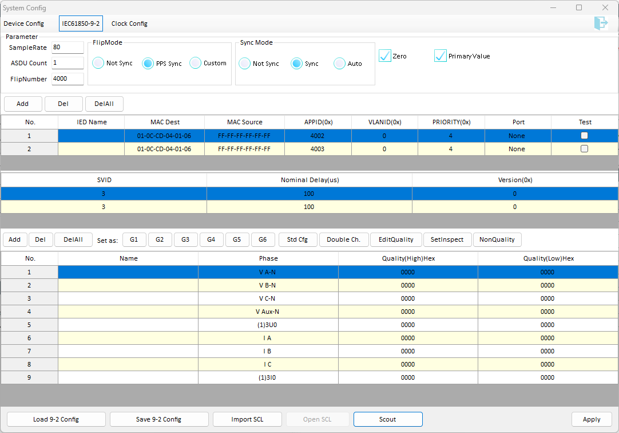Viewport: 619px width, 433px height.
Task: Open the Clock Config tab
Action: coord(129,23)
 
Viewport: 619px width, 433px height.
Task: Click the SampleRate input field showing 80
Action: coord(68,48)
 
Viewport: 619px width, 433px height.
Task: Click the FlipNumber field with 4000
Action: coord(68,78)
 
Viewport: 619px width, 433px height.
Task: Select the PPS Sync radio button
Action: coord(148,63)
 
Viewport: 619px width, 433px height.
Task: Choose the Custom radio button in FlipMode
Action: coord(196,63)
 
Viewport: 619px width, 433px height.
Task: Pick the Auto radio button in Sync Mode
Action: coord(339,63)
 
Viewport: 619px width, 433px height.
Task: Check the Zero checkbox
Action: coord(385,56)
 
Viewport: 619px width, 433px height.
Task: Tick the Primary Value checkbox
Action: coord(440,56)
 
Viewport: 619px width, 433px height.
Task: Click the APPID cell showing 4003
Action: coord(318,149)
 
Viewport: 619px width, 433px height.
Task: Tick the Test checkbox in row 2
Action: coord(584,148)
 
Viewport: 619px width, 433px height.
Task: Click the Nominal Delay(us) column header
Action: coord(309,180)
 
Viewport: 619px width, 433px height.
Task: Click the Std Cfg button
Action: coord(297,239)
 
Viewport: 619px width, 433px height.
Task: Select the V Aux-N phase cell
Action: coord(268,312)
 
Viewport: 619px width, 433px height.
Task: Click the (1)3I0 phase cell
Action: coord(268,377)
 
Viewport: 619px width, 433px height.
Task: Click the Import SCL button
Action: coord(247,419)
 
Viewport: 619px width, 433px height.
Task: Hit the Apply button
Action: coord(592,419)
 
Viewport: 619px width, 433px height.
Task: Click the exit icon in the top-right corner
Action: coord(601,23)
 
